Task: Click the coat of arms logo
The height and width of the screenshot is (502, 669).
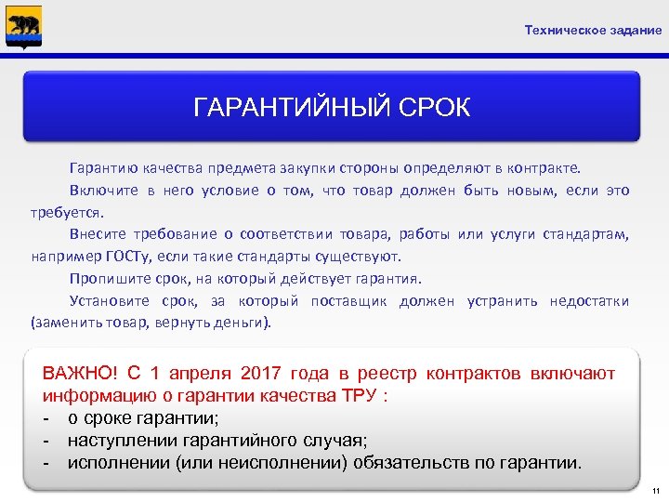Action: click(x=23, y=26)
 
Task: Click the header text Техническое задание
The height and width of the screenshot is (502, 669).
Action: click(x=593, y=31)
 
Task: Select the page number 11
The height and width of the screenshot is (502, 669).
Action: click(x=654, y=490)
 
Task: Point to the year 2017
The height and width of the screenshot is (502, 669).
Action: click(x=266, y=374)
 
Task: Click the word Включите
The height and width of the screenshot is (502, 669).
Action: click(x=102, y=191)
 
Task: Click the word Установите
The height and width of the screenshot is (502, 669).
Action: click(x=109, y=300)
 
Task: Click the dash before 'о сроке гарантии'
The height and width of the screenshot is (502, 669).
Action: click(x=47, y=418)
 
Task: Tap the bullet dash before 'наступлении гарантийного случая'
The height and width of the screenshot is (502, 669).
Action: click(x=47, y=441)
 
